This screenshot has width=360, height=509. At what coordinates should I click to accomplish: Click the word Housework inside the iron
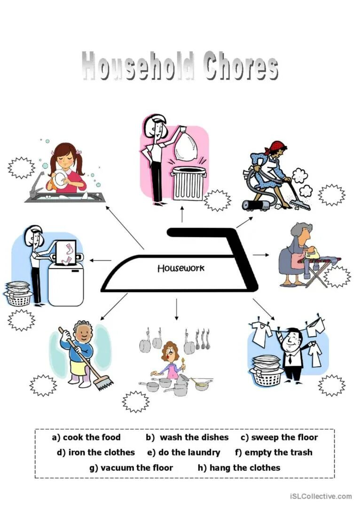[181, 269]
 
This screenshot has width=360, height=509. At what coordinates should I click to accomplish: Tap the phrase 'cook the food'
[92, 438]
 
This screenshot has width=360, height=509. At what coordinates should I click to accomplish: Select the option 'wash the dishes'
[194, 438]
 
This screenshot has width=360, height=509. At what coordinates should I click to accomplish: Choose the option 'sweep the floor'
[284, 438]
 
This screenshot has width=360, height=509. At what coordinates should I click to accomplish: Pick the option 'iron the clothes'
[102, 453]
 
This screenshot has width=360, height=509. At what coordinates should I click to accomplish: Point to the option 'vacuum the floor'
[137, 468]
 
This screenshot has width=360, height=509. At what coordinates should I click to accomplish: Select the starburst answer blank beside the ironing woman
[337, 277]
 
